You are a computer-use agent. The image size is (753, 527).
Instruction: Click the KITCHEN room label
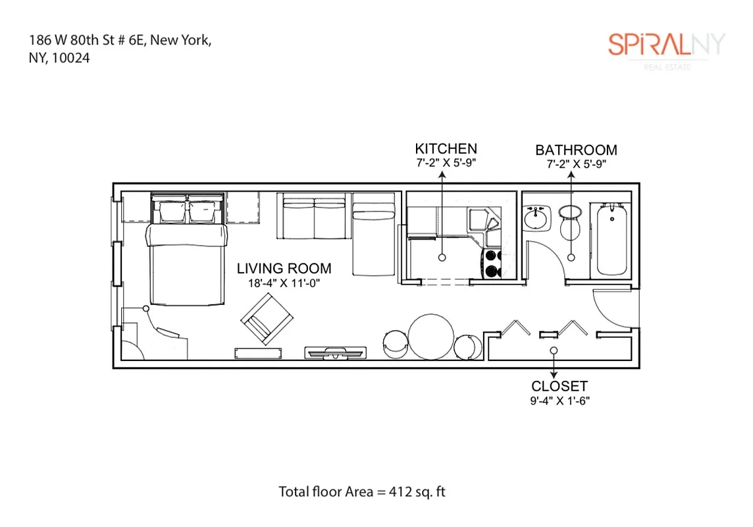446,149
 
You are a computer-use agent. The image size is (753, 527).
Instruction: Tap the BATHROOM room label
576,150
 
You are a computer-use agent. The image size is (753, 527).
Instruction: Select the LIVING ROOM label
284,269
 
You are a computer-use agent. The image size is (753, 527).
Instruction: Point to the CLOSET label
559,387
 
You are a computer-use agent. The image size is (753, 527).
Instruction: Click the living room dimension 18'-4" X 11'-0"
284,283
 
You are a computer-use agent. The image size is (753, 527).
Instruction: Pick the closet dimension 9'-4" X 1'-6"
559,400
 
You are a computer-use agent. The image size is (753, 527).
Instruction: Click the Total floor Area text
362,491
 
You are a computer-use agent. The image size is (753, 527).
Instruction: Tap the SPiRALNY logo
665,45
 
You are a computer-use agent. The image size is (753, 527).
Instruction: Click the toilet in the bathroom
570,224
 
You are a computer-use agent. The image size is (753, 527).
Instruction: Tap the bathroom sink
538,218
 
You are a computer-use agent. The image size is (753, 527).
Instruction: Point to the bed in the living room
188,260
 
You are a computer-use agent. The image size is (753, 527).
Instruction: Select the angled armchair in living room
267,319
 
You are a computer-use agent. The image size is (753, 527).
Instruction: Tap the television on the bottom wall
335,353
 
